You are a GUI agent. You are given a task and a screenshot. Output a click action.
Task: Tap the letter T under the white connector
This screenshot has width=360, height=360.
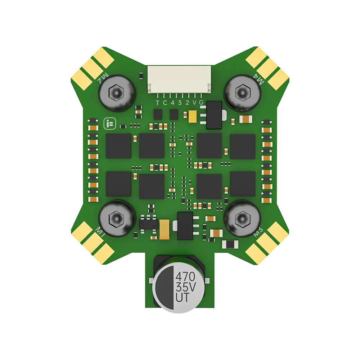[x=157, y=103]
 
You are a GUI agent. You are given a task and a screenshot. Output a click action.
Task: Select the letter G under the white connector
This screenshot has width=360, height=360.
[x=201, y=103]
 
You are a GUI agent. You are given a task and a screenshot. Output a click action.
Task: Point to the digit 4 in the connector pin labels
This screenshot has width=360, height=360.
[x=172, y=103]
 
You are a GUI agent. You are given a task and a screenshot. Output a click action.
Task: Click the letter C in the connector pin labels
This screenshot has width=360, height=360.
[x=165, y=103]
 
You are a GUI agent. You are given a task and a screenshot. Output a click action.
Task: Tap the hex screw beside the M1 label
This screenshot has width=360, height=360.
[x=117, y=218]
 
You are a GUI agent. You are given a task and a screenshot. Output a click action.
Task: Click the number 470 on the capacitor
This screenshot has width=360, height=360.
[x=185, y=277]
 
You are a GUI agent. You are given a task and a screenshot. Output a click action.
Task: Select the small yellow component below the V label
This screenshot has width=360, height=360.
[x=192, y=116]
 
